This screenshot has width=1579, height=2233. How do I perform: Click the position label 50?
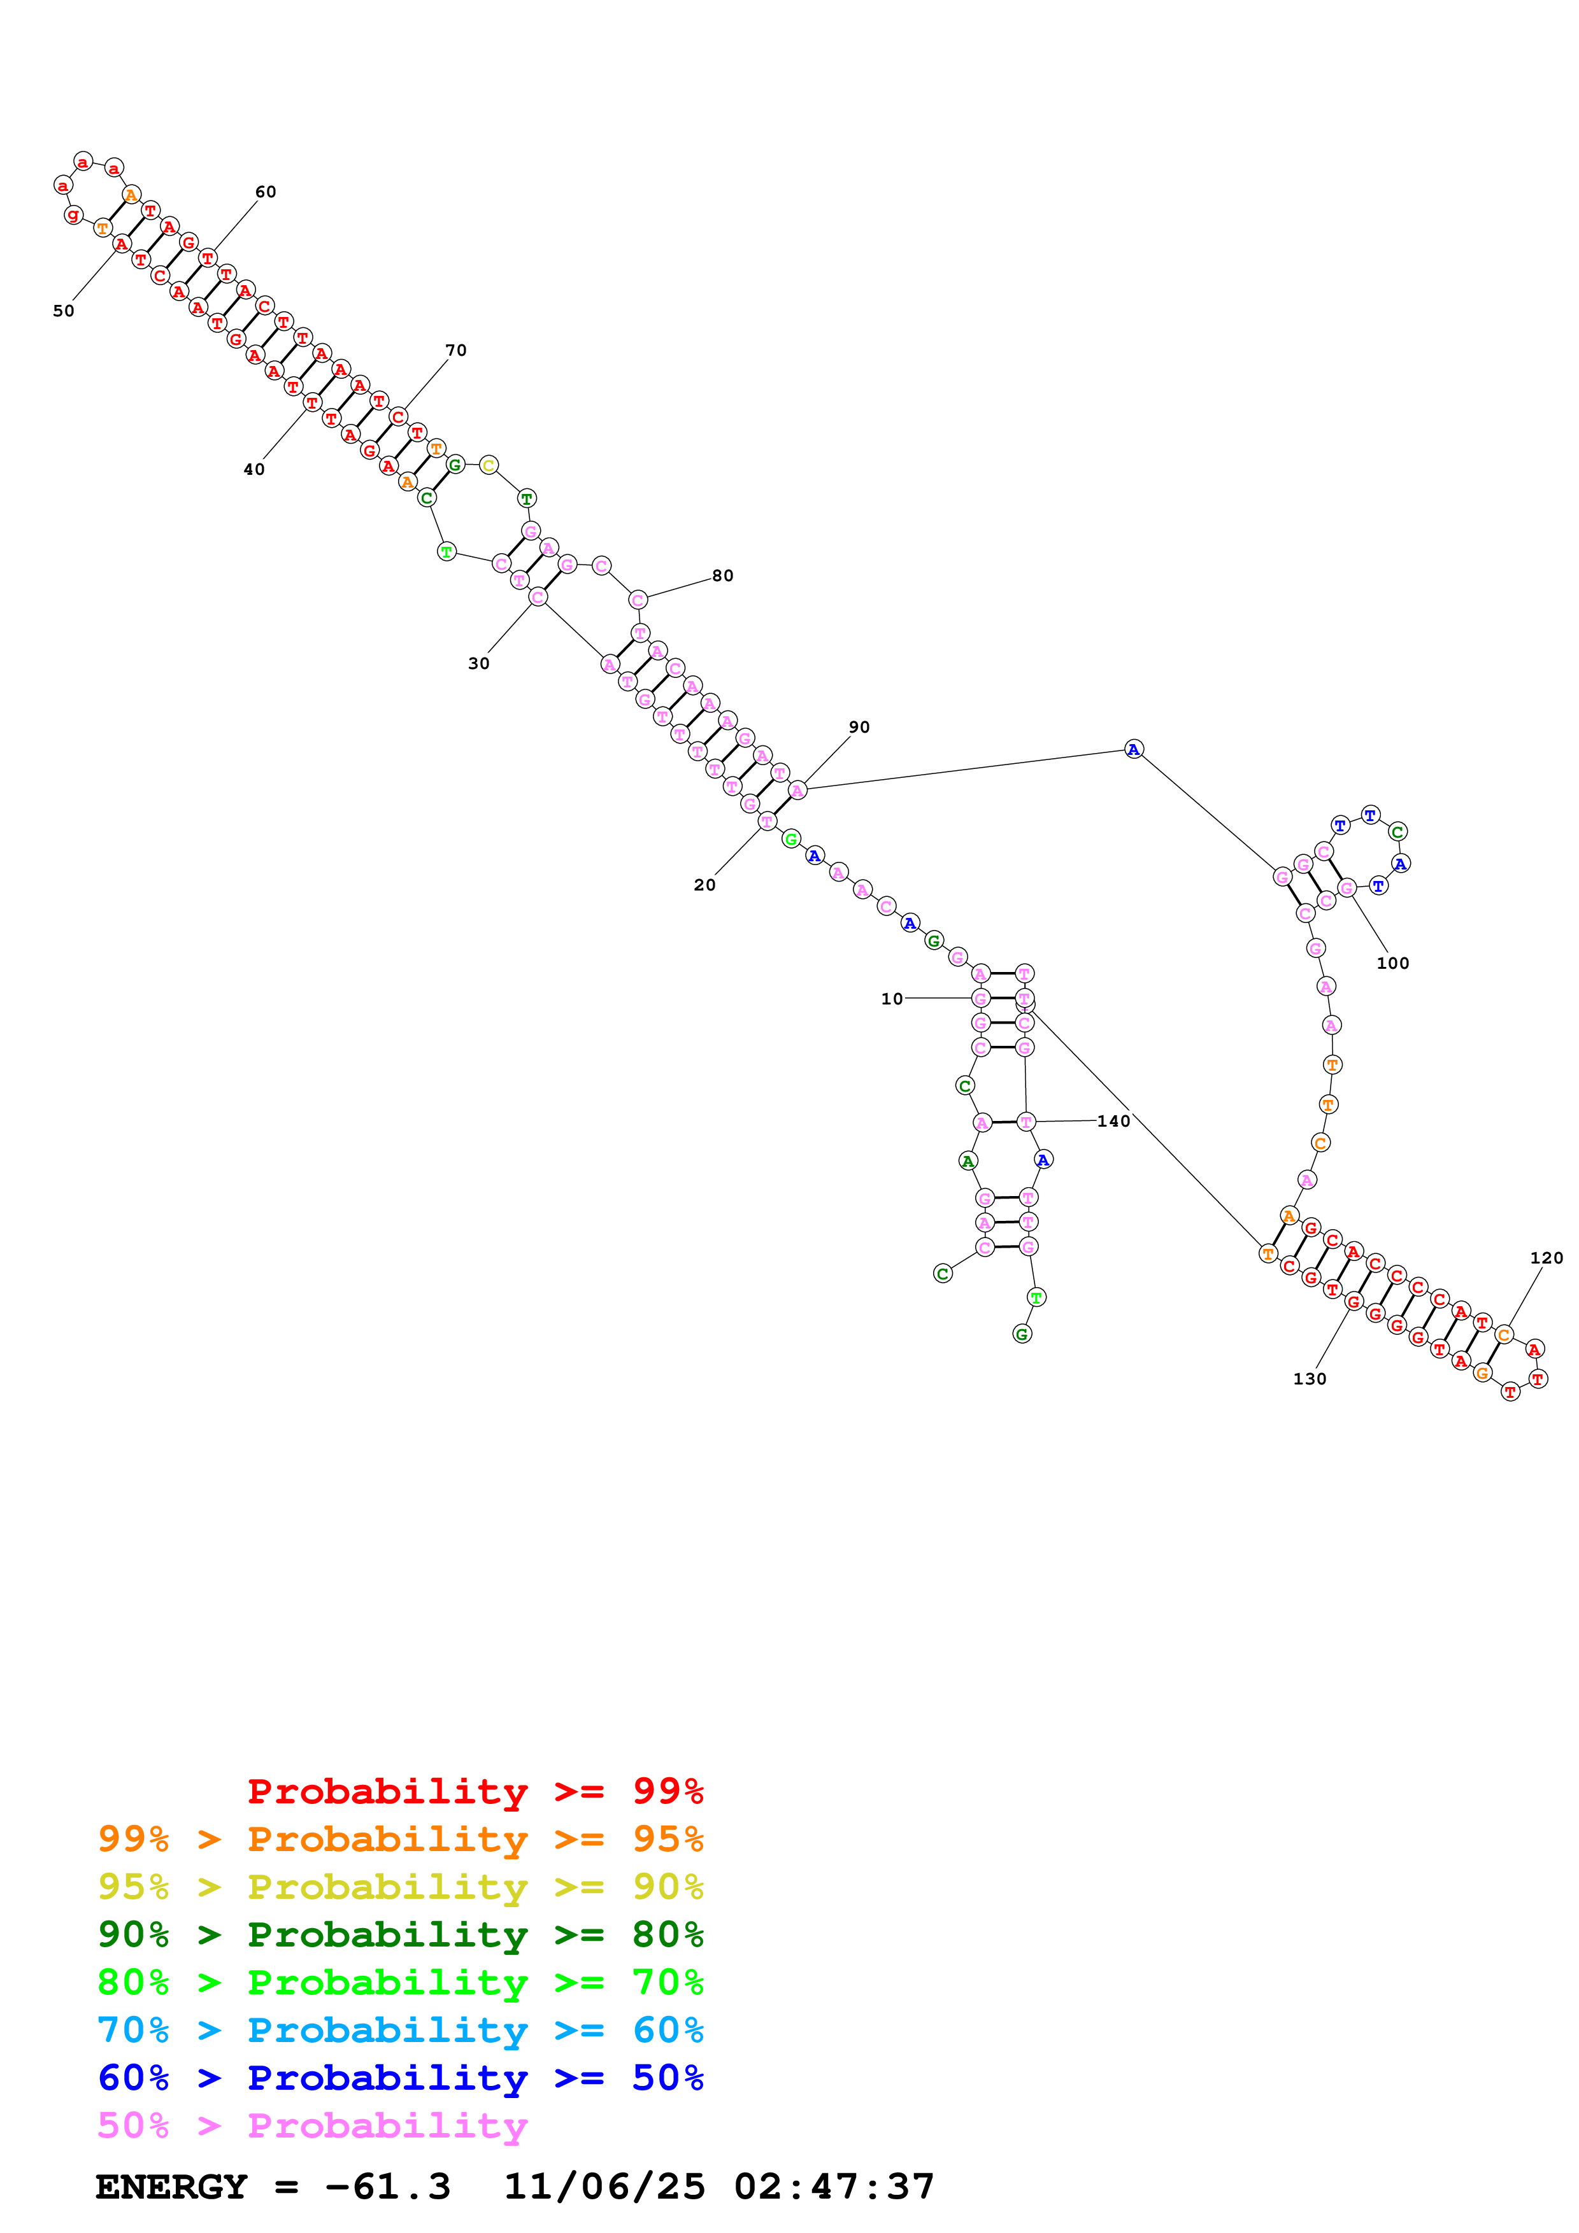(x=63, y=311)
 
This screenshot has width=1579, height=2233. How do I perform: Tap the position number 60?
(x=266, y=192)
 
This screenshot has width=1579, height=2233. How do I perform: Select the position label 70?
(x=455, y=350)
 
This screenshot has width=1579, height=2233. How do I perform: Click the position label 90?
(x=859, y=728)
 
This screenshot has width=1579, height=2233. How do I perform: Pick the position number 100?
(x=1392, y=963)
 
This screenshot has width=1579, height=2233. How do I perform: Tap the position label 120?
(x=1546, y=1258)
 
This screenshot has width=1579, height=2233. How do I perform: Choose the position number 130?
(x=1310, y=1379)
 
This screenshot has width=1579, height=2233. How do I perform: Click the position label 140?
(x=1114, y=1122)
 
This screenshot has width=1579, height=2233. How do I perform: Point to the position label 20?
(x=704, y=885)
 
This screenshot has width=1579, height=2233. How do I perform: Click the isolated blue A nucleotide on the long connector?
(x=1133, y=749)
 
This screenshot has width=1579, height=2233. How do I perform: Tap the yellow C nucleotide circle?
(x=489, y=465)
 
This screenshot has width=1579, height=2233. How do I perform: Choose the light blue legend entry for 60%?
(x=400, y=2030)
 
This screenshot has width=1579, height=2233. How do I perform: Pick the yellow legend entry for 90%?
(x=400, y=1886)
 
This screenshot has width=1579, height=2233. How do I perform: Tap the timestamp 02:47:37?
(x=834, y=2187)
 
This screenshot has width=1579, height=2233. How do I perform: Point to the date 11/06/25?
(x=604, y=2187)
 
